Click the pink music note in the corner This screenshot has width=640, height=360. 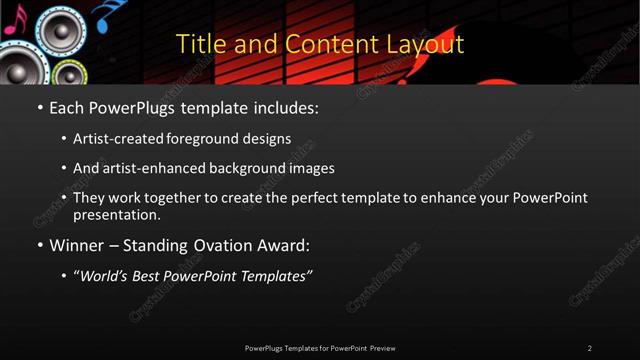click(x=10, y=22)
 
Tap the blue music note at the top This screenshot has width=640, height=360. click(x=104, y=13)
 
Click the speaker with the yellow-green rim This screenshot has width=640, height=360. click(x=69, y=75)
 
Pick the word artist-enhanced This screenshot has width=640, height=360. click(x=146, y=169)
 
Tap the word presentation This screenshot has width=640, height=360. click(x=115, y=214)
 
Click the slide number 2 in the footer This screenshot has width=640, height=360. click(x=590, y=348)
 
